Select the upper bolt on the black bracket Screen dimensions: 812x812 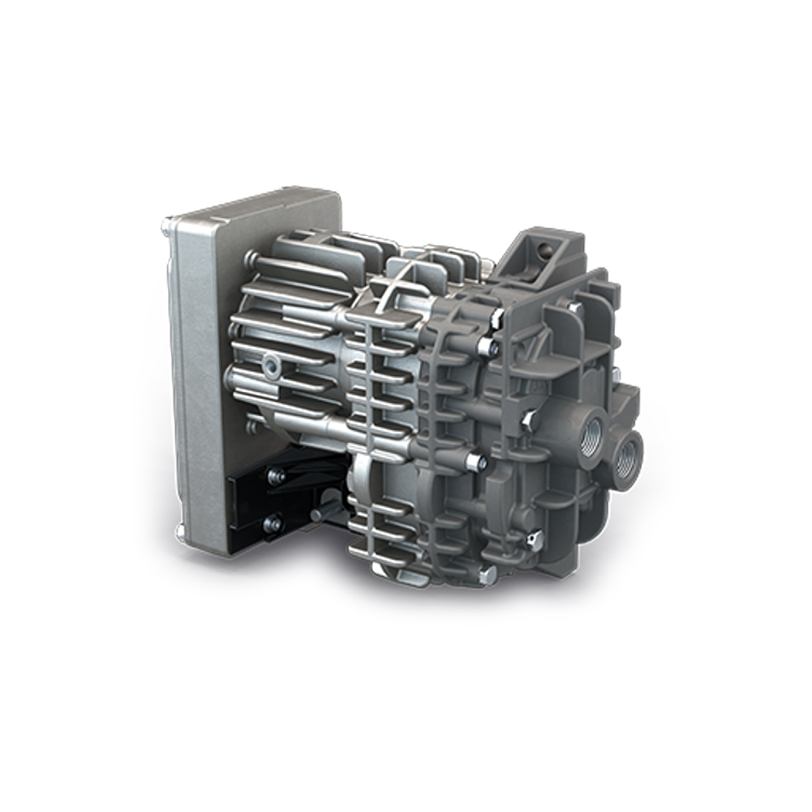pyautogui.click(x=274, y=476)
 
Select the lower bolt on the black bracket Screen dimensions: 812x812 pyautogui.click(x=274, y=522)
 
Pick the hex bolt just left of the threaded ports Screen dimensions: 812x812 pyautogui.click(x=526, y=422)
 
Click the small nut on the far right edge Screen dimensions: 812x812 pyautogui.click(x=617, y=371)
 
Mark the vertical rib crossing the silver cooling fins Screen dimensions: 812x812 pyautogui.click(x=369, y=379)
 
